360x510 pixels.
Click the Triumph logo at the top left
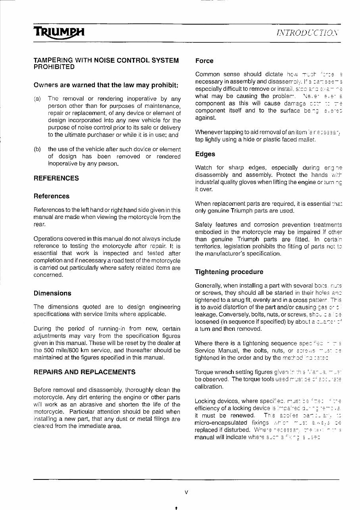(x=59, y=31)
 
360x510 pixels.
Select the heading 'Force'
(x=204, y=61)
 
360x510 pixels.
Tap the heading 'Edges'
(x=205, y=154)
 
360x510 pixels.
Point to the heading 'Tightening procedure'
(x=229, y=272)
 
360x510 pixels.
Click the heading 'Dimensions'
(x=52, y=293)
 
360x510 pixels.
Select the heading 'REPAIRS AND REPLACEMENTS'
(x=85, y=372)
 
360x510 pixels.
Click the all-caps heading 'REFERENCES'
(x=56, y=178)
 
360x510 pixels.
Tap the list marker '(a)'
(x=37, y=98)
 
